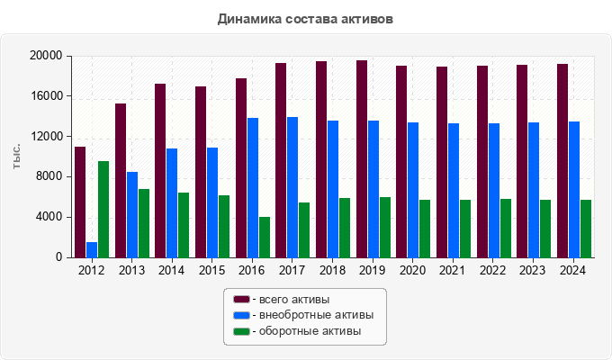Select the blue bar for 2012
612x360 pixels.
pyautogui.click(x=92, y=249)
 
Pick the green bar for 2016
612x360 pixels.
pyautogui.click(x=265, y=237)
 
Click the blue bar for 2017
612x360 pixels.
pyautogui.click(x=292, y=187)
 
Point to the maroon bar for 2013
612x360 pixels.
pyautogui.click(x=121, y=180)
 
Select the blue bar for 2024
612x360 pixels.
pyautogui.click(x=574, y=189)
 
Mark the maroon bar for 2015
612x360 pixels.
pyautogui.click(x=201, y=172)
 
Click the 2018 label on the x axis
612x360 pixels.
pyautogui.click(x=332, y=270)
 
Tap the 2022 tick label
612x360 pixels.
pyautogui.click(x=493, y=270)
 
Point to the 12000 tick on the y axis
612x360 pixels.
pyautogui.click(x=48, y=137)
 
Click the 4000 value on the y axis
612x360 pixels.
pyautogui.click(x=50, y=217)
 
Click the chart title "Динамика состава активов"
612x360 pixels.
pyautogui.click(x=305, y=18)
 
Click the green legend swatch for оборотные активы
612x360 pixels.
pyautogui.click(x=241, y=331)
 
